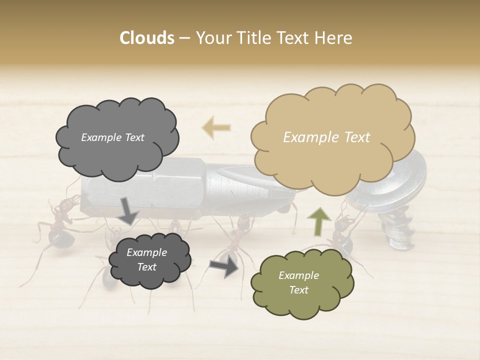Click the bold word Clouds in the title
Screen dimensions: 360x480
(x=146, y=38)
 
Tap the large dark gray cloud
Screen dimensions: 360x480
(x=117, y=137)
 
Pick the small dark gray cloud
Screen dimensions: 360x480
(x=149, y=259)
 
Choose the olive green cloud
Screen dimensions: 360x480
(x=301, y=282)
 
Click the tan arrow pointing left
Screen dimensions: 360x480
(x=216, y=127)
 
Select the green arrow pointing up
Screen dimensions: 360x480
(x=318, y=221)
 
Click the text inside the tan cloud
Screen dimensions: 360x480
(x=326, y=137)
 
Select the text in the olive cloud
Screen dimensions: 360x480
(x=298, y=282)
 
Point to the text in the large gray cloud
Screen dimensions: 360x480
(x=112, y=137)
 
